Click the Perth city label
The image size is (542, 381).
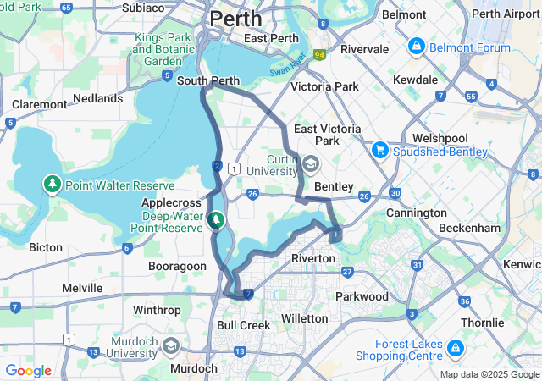click(x=235, y=18)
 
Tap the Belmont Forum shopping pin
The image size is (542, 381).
click(x=417, y=45)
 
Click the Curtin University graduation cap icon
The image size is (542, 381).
click(x=311, y=164)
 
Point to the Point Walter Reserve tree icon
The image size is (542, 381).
click(x=53, y=185)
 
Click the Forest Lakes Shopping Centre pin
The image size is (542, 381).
click(x=455, y=348)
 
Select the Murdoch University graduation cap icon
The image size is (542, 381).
click(x=171, y=346)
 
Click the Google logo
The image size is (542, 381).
click(x=28, y=371)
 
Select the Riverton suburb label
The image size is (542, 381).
click(x=313, y=257)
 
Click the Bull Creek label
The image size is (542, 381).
click(x=244, y=325)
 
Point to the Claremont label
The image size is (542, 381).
click(x=39, y=104)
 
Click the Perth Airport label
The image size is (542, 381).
click(x=506, y=14)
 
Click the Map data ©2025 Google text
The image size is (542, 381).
click(x=489, y=374)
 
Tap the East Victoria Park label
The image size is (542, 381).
click(x=328, y=135)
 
